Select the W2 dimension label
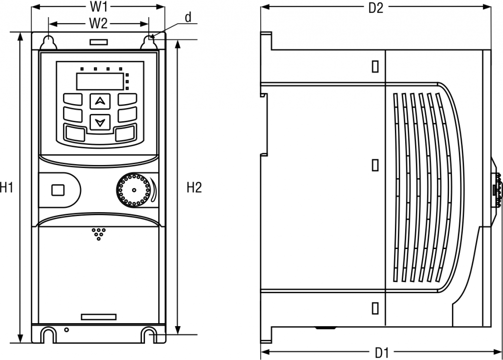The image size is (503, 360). coord(99,23)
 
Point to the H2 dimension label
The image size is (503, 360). coord(194,187)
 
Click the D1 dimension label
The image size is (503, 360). coord(382,352)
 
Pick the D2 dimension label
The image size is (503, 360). coord(376,8)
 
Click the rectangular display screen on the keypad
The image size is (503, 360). coord(100,81)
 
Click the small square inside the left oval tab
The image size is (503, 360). coord(58,190)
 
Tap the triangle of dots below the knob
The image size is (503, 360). coord(99,233)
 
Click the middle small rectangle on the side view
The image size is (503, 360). coord(376,165)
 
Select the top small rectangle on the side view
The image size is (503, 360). coord(376,66)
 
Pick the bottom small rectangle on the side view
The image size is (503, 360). coord(376,307)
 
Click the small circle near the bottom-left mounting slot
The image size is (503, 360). coord(66,330)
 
